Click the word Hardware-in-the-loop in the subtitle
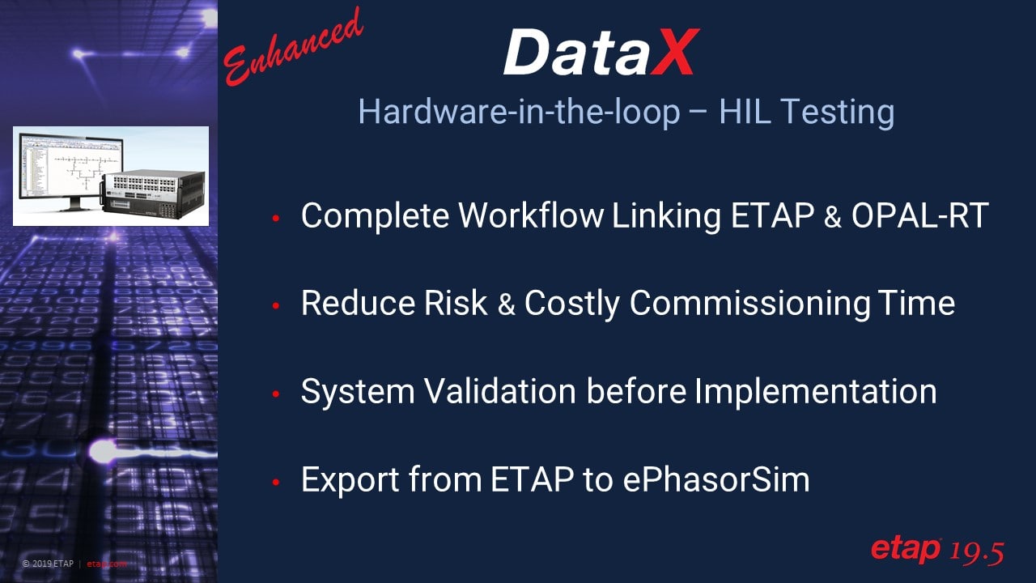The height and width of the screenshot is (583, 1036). (x=518, y=113)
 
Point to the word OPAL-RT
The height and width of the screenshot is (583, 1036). (x=919, y=216)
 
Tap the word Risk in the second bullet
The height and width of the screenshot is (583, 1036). (x=456, y=304)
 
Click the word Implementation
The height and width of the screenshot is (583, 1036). (x=815, y=392)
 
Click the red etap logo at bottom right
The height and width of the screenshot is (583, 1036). (x=905, y=549)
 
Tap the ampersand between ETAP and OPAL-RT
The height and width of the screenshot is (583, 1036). (x=832, y=217)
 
